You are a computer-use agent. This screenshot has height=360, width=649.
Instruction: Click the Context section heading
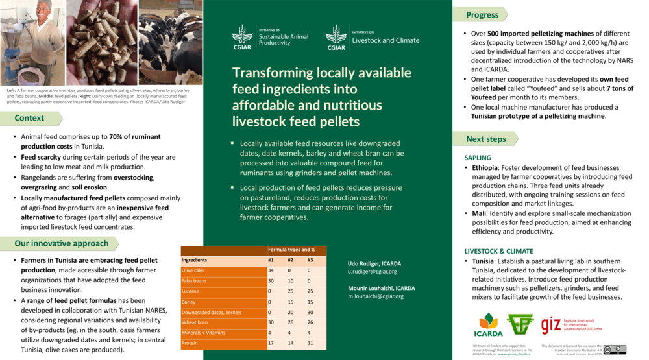point(29,118)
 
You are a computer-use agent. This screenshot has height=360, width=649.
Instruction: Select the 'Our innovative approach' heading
point(61,243)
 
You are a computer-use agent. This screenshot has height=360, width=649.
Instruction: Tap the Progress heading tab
point(482,15)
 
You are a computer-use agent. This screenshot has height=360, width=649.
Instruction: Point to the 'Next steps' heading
point(485,139)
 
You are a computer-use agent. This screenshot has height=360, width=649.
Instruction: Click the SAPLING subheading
point(478,158)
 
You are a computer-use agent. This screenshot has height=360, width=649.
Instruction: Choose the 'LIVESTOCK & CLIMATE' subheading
point(498,251)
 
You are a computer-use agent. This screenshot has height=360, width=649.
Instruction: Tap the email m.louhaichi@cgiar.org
point(375,296)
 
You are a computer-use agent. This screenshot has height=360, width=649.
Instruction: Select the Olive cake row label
point(193,270)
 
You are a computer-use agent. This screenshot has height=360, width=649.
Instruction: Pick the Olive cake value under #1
point(271,270)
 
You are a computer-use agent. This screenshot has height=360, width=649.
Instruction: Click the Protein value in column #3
point(310,342)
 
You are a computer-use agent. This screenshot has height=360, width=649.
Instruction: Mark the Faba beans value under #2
point(290,280)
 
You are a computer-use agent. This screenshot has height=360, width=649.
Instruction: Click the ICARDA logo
point(489,322)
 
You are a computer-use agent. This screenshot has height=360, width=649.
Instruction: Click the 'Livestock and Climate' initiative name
point(386,40)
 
